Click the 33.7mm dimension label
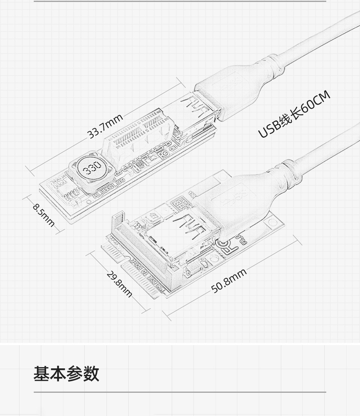point(105,126)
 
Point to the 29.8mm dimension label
point(119,284)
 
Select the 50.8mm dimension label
point(229,281)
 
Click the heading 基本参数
point(66,374)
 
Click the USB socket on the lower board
point(180,236)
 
